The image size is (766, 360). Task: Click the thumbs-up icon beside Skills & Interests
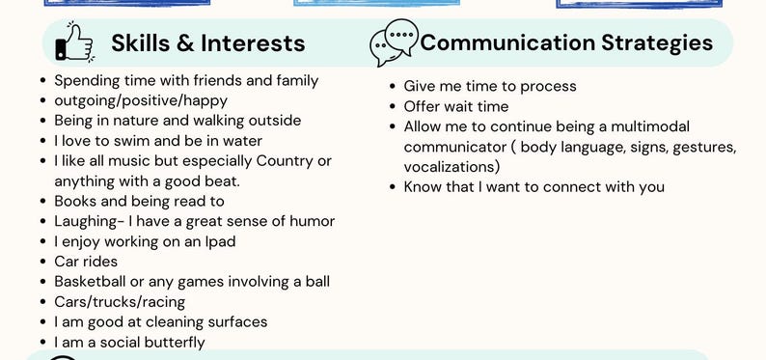click(73, 42)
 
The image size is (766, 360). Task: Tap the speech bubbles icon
click(394, 42)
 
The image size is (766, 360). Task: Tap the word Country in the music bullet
click(289, 160)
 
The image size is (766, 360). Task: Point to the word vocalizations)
click(451, 167)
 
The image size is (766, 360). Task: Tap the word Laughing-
click(89, 221)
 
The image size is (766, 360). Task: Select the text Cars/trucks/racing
click(120, 301)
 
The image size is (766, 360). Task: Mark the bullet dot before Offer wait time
click(393, 107)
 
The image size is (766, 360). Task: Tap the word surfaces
click(233, 321)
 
